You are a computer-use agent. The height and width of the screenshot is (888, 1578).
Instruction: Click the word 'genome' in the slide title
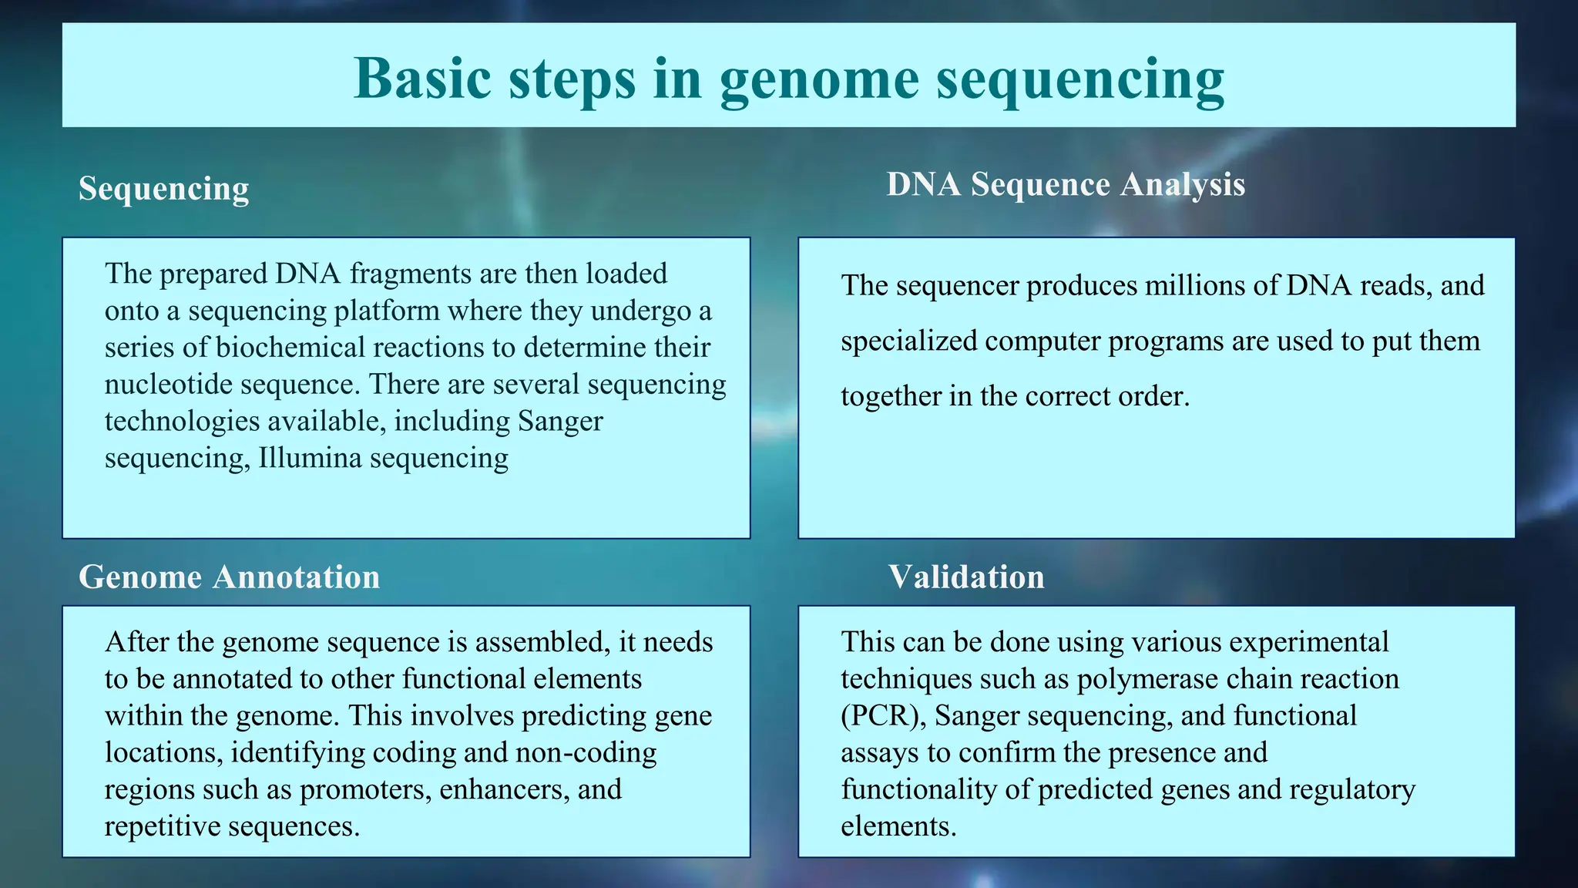(x=819, y=79)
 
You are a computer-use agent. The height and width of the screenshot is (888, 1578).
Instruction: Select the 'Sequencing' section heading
(x=163, y=189)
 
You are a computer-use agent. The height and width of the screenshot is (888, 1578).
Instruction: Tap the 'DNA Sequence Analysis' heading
(x=1066, y=184)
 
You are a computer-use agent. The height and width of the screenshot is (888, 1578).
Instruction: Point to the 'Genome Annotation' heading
(x=229, y=577)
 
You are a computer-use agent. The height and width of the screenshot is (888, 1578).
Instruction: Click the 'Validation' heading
(x=966, y=577)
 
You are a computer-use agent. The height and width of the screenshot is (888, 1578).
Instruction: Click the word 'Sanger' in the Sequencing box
(x=560, y=421)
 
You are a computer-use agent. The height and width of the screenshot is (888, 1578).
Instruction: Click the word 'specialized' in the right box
(x=908, y=341)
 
